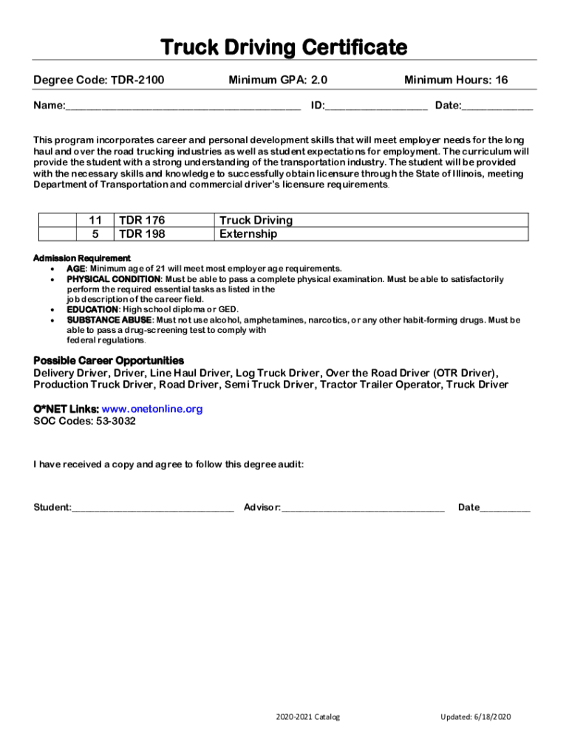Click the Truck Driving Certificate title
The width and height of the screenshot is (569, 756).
284,48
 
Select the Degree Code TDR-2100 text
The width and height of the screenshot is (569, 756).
99,80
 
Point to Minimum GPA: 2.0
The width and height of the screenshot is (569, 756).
278,80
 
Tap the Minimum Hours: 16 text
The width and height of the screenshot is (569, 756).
456,80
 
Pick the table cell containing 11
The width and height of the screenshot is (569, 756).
95,220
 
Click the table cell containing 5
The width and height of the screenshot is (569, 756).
95,234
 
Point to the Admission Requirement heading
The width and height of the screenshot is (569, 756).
82,258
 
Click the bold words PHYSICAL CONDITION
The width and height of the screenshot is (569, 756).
114,280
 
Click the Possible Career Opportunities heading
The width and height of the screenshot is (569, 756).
109,360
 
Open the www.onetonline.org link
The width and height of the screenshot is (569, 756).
151,409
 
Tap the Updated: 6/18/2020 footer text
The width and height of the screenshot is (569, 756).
475,717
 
